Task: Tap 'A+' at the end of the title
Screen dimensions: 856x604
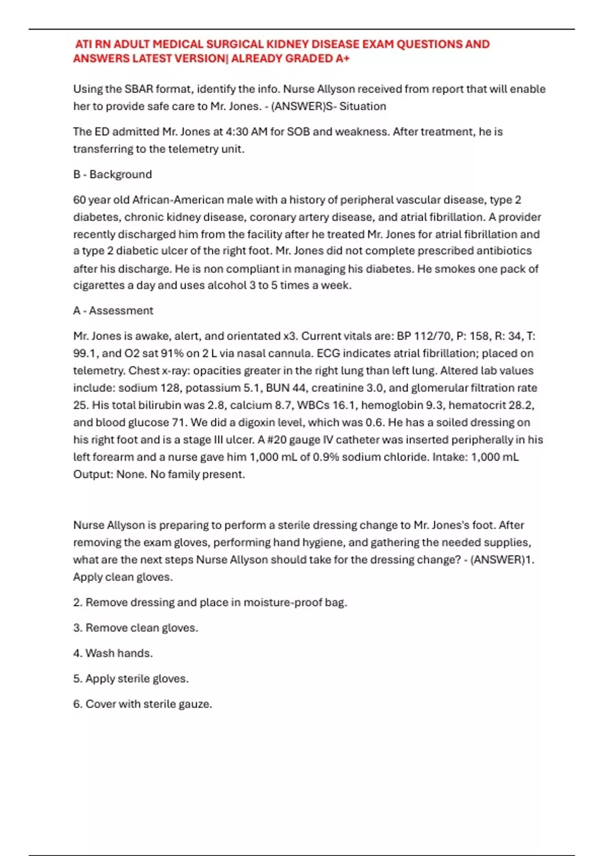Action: [343, 58]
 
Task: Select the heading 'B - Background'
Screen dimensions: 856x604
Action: [112, 175]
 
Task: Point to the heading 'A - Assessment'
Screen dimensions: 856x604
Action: [113, 311]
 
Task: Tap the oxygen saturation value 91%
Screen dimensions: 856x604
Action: [172, 353]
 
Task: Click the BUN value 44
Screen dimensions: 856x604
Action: [300, 388]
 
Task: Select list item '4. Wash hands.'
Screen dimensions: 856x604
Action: [113, 653]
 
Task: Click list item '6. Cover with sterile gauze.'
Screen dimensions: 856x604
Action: [142, 704]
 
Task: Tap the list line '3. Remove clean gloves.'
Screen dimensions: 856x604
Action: [135, 628]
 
